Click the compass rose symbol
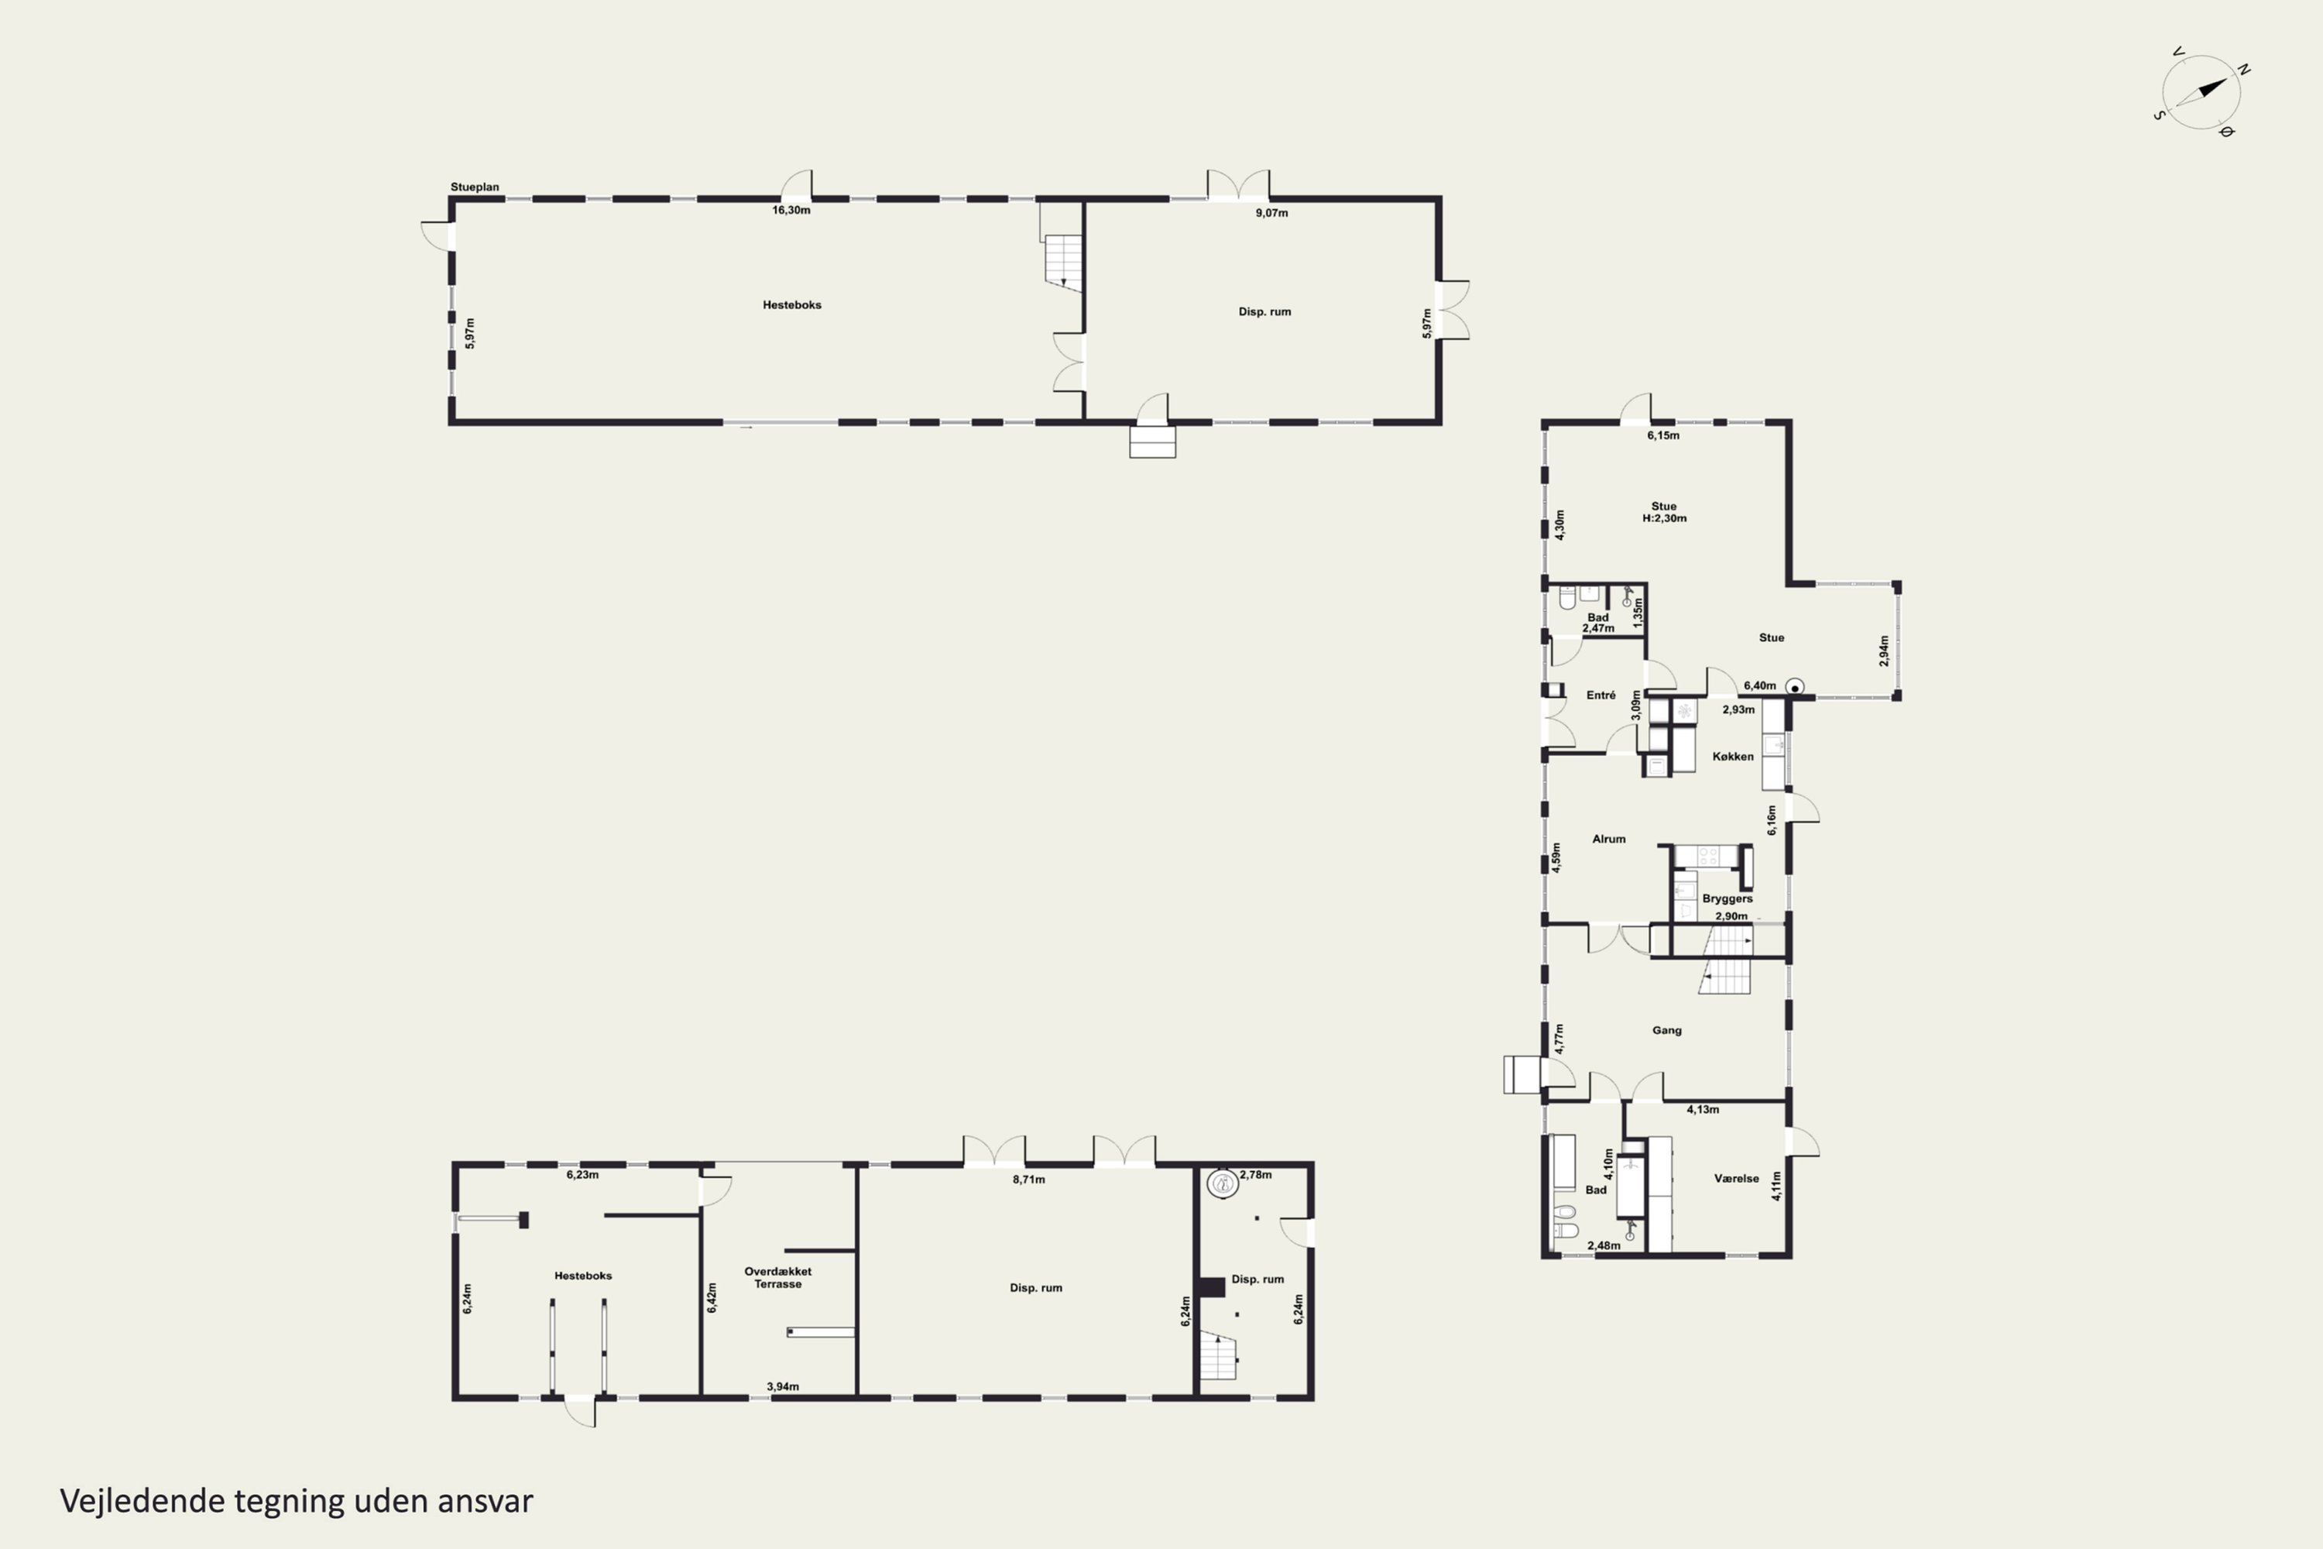(2201, 93)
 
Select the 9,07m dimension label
(1271, 212)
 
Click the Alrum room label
(1609, 839)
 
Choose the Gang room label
(1667, 1030)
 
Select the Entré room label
(1601, 696)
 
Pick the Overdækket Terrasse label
(778, 1277)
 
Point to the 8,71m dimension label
(1028, 1180)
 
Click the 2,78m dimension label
(1255, 1175)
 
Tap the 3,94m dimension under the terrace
(783, 1387)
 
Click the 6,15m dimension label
(1663, 435)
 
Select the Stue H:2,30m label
(1664, 512)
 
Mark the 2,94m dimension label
(1883, 651)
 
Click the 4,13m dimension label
(1703, 1109)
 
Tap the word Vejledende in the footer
(143, 1502)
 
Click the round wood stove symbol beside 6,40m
(1796, 686)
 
